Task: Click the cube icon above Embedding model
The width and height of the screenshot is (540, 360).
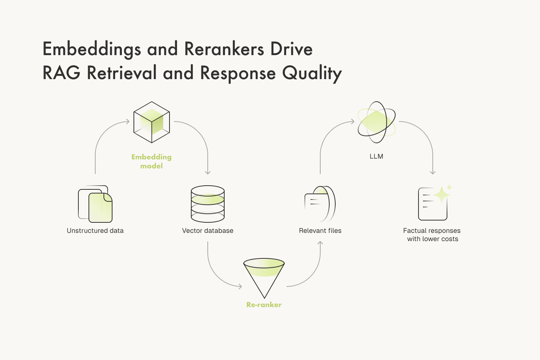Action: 151,122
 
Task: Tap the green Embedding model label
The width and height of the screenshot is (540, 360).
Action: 151,161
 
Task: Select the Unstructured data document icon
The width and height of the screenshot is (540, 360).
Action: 95,204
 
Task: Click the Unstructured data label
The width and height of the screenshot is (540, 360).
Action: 95,231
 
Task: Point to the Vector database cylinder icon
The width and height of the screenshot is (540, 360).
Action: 208,204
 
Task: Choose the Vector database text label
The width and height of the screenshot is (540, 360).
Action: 208,231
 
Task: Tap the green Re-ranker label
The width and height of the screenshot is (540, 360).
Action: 264,305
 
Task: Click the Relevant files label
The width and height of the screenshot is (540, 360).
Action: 320,231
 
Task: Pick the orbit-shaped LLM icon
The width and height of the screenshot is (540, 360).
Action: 376,122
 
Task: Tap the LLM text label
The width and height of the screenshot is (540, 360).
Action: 376,156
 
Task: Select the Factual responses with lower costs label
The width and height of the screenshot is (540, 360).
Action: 432,235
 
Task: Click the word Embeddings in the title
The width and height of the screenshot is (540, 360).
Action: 92,49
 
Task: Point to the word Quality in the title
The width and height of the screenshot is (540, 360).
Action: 312,73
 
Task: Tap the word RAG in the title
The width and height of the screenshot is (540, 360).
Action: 61,73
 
